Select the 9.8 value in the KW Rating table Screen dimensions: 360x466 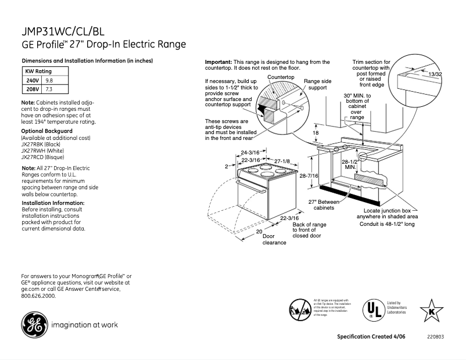pyautogui.click(x=49, y=80)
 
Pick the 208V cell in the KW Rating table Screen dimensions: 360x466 pyautogui.click(x=33, y=89)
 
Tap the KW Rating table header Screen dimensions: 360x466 pyautogui.click(x=39, y=71)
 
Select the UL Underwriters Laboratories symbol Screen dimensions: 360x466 pyautogui.click(x=372, y=308)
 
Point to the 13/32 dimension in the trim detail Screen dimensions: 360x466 pyautogui.click(x=435, y=75)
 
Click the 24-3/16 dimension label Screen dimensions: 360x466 pyautogui.click(x=250, y=152)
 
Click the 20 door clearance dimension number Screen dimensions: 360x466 pyautogui.click(x=259, y=231)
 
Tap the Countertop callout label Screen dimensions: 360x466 pyautogui.click(x=281, y=77)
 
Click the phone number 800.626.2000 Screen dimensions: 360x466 pyautogui.click(x=38, y=296)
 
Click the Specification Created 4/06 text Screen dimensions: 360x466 pyautogui.click(x=372, y=337)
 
